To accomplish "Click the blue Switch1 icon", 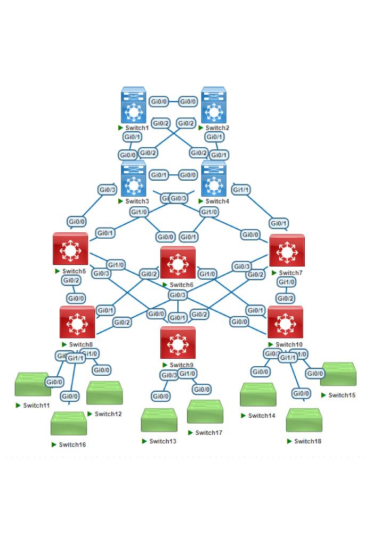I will pos(133,105).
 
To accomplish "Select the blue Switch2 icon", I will pos(214,105).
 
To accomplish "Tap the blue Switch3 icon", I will pos(133,179).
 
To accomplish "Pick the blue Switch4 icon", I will pos(214,179).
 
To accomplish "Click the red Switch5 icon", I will pos(70,249).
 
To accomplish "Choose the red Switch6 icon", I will pos(178,263).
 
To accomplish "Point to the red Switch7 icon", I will pos(287,250).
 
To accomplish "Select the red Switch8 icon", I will pos(77,322).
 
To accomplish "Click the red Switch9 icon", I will pos(178,342).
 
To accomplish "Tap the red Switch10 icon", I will pos(285,322).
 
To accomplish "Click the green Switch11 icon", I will pos(33,384).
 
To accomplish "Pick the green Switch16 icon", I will pos(69,424).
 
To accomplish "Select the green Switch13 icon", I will pos(159,420).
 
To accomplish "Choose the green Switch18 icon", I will pos(304,420).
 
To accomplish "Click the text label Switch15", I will pos(342,395).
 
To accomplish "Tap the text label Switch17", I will pos(208,433).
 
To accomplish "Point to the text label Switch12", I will pos(108,414).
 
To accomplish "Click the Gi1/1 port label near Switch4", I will pos(241,189).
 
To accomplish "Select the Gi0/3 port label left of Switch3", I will pos(107,189).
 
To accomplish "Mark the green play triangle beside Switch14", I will pos(243,416).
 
